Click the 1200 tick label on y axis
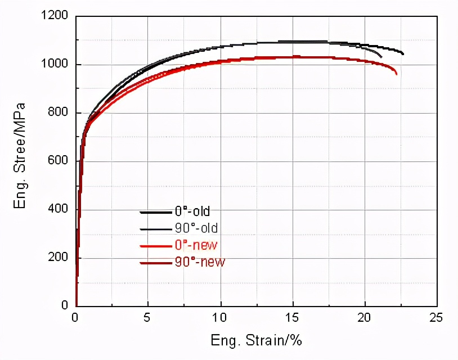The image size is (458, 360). tap(55, 17)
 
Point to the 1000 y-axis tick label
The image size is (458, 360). tap(55, 65)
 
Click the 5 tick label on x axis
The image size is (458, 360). tap(147, 317)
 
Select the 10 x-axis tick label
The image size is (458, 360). tap(221, 317)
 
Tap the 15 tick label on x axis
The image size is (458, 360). tap(293, 317)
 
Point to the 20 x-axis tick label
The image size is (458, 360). tap(365, 317)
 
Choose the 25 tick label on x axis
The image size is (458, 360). tap(436, 317)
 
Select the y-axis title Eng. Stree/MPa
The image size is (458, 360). tap(21, 155)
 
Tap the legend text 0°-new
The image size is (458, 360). tap(196, 245)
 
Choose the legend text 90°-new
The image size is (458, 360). tap(198, 262)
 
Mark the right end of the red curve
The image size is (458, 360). tap(397, 74)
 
